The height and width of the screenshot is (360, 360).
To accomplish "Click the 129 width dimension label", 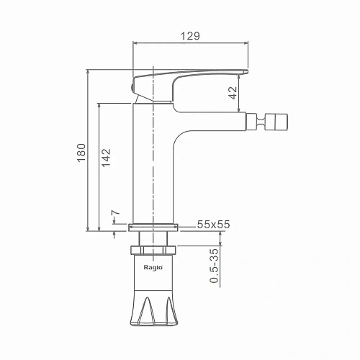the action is (190, 36).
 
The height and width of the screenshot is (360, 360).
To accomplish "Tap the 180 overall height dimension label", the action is (81, 153).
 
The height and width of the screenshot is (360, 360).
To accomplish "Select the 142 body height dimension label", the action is (106, 158).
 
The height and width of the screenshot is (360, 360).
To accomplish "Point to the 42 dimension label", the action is (233, 93).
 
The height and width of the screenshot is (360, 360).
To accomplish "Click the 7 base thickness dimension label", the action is (115, 213).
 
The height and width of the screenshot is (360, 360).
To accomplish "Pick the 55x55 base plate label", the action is (213, 225).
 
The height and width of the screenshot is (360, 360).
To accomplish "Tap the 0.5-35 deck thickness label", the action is (214, 266).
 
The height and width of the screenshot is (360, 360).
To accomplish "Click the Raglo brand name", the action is (153, 267).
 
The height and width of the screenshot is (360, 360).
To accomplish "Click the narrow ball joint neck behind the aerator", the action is (261, 122).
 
